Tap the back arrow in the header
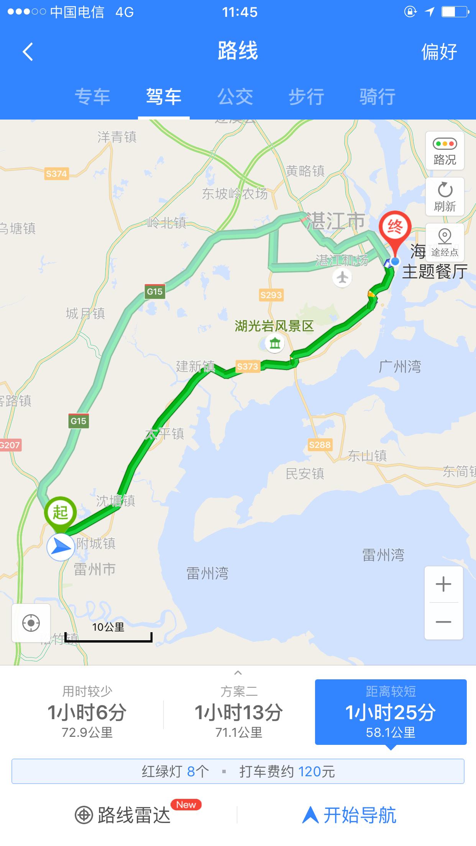click(28, 52)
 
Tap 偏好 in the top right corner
click(439, 52)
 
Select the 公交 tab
click(235, 97)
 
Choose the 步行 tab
click(306, 97)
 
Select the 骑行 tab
click(377, 97)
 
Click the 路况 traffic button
click(445, 151)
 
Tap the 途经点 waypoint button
click(445, 243)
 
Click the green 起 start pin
click(61, 513)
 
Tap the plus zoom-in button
click(443, 584)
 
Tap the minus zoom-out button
click(443, 622)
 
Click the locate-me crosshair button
click(31, 623)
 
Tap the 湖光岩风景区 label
click(274, 326)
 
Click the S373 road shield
click(247, 366)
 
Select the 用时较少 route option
click(87, 712)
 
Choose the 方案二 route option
click(239, 712)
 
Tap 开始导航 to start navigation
click(350, 815)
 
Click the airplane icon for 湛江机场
click(342, 277)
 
